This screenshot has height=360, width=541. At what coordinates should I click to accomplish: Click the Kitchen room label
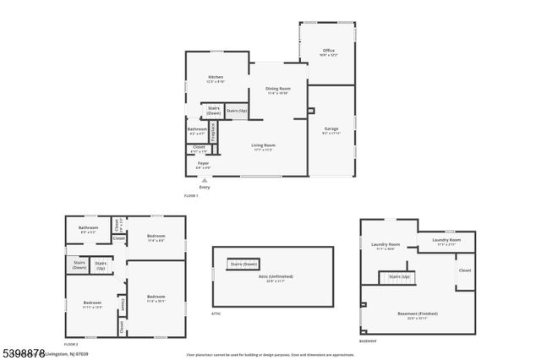[216, 79]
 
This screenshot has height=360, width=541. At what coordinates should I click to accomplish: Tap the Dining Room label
[278, 90]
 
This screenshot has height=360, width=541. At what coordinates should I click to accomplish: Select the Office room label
[329, 52]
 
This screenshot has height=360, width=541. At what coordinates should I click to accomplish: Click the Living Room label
[264, 147]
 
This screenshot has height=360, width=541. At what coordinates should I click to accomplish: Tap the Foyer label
[203, 165]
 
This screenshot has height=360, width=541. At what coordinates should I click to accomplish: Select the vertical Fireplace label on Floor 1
[213, 132]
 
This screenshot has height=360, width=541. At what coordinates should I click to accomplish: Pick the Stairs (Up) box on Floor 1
[237, 112]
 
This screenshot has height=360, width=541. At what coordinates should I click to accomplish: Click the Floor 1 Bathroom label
[197, 131]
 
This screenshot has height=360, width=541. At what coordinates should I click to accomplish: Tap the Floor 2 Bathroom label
[89, 229]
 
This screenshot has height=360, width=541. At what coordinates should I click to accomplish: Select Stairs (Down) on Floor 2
[79, 265]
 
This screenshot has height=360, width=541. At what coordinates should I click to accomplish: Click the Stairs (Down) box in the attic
[243, 264]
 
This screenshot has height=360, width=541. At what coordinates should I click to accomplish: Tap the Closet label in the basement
[465, 270]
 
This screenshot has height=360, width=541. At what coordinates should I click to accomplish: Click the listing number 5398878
[24, 352]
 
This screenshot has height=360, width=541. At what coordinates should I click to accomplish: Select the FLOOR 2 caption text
[72, 344]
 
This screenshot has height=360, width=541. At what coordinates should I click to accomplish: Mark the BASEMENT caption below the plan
[369, 341]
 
